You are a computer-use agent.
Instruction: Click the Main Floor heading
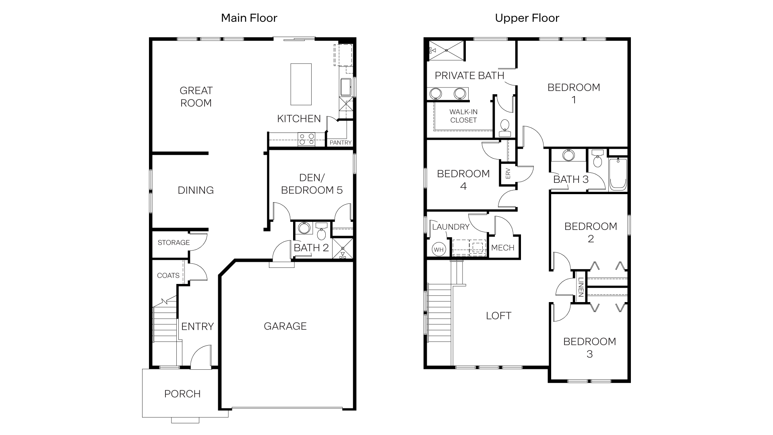[249, 18]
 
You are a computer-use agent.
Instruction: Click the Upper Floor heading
[527, 18]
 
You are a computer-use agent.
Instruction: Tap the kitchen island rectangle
[301, 84]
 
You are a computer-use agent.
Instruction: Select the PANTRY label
[340, 143]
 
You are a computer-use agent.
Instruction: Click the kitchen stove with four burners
[306, 139]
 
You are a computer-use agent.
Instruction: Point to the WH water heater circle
[438, 249]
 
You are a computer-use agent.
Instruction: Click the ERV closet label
[508, 174]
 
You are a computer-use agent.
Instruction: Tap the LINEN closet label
[581, 287]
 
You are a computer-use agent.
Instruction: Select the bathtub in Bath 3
[618, 174]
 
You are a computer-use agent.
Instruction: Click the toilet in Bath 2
[321, 232]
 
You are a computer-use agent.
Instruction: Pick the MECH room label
[502, 248]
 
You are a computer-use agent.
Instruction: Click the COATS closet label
[168, 275]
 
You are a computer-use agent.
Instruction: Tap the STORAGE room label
[174, 242]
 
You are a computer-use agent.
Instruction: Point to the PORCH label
[182, 394]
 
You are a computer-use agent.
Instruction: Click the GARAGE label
[285, 326]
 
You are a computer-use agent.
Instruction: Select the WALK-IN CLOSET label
[463, 116]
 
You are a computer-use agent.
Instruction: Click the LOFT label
[498, 316]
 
